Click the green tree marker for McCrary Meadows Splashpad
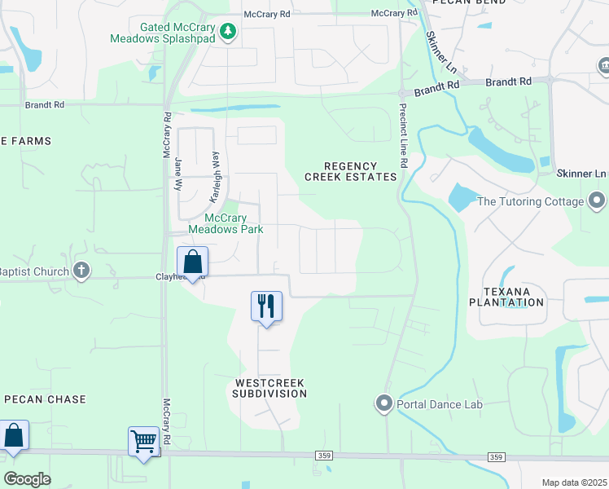(x=230, y=32)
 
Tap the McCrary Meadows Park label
(x=226, y=223)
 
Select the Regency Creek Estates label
(x=351, y=171)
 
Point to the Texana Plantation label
(x=506, y=297)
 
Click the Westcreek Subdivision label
(x=271, y=387)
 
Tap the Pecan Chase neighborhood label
(x=44, y=399)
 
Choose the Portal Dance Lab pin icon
(x=384, y=403)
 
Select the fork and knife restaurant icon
(x=266, y=306)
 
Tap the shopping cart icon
(x=144, y=442)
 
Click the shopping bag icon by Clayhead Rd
(x=192, y=262)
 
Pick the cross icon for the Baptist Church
(x=81, y=271)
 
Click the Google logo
(x=27, y=479)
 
